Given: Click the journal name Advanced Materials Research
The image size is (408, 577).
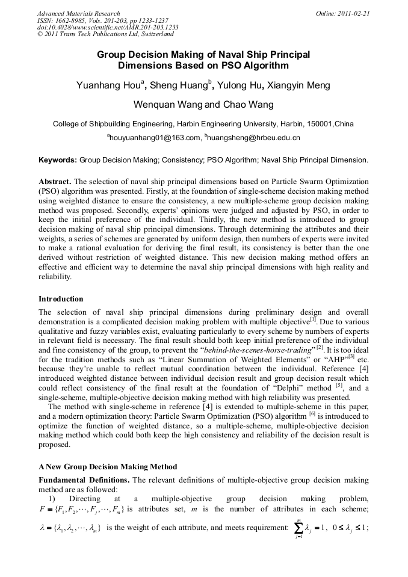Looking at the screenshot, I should tap(78, 13).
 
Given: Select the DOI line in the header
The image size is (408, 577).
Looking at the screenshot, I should tap(108, 28).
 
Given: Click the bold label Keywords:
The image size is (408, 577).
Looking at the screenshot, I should tap(58, 161).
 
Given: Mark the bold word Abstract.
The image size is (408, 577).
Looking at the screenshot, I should tap(55, 181).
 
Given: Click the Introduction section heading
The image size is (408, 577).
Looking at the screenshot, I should tap(61, 299).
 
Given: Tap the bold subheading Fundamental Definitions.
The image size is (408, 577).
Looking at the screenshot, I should tap(83, 480).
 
